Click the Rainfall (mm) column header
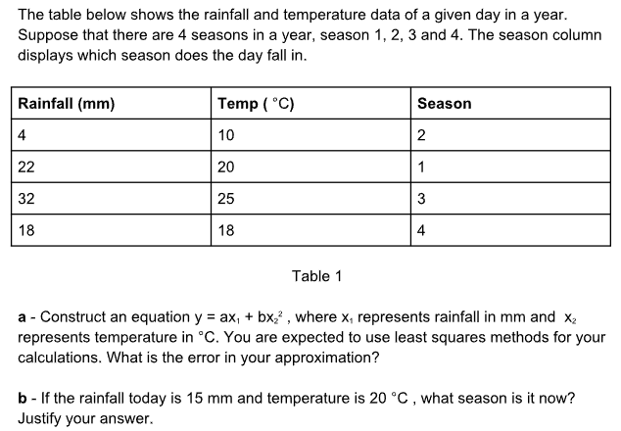67,104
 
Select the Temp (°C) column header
256,104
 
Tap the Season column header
444,104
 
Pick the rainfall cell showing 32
27,199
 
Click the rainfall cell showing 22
27,167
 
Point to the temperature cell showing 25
226,199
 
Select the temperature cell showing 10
226,135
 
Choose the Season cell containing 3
421,199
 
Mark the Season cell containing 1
421,167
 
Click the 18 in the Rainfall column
27,230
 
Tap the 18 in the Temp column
226,230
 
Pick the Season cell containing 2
421,135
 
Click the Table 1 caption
316,276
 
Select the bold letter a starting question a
23,317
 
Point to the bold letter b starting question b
23,401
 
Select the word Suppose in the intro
49,36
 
